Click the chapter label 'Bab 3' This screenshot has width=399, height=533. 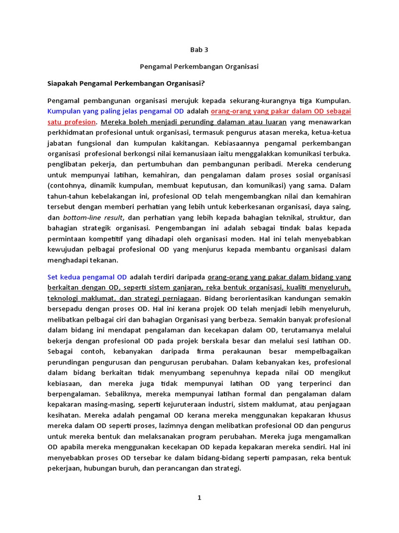point(199,50)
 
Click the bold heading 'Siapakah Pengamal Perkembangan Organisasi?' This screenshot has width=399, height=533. point(127,83)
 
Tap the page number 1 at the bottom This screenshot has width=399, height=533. point(199,498)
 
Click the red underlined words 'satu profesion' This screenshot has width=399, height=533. point(72,122)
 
